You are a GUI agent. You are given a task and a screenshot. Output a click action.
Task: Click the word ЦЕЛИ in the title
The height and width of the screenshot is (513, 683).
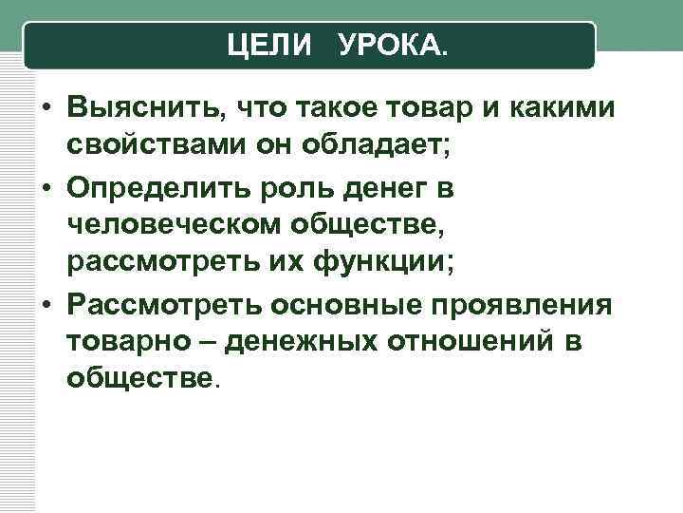tap(269, 44)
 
